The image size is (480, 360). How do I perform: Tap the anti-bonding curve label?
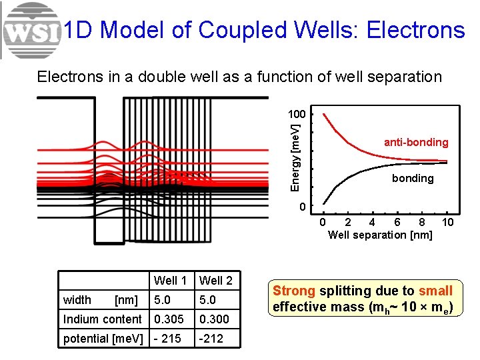(x=416, y=142)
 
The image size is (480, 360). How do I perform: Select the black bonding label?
(x=413, y=178)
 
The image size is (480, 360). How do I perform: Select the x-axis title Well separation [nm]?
(x=380, y=235)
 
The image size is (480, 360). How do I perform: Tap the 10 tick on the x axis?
(x=448, y=222)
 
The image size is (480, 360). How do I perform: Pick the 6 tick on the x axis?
(x=397, y=222)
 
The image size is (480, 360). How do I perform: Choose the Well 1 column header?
(x=170, y=281)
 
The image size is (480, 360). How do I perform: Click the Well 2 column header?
(x=216, y=281)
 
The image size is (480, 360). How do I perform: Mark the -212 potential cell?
(x=211, y=338)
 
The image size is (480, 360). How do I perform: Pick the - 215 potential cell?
(x=167, y=338)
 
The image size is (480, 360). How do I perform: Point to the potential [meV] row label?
(x=103, y=338)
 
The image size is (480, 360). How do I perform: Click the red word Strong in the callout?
(x=294, y=291)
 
